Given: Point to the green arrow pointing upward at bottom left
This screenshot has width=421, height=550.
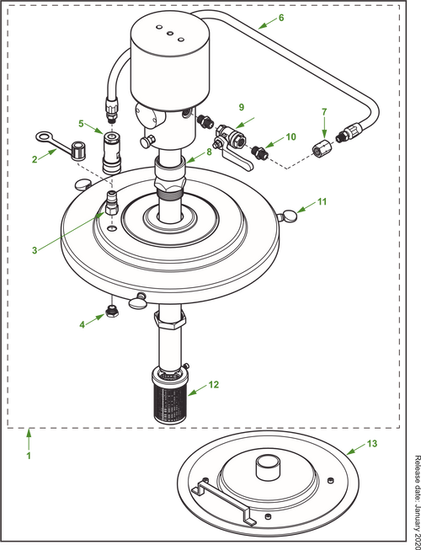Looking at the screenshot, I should tap(29, 445).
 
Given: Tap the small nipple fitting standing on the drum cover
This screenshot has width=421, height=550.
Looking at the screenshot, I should tap(112, 202).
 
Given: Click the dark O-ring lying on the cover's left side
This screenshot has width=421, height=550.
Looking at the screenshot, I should tap(83, 184).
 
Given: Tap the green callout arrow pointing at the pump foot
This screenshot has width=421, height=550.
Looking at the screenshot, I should tap(202, 387).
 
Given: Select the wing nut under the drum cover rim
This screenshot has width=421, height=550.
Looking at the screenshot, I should tap(139, 296).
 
